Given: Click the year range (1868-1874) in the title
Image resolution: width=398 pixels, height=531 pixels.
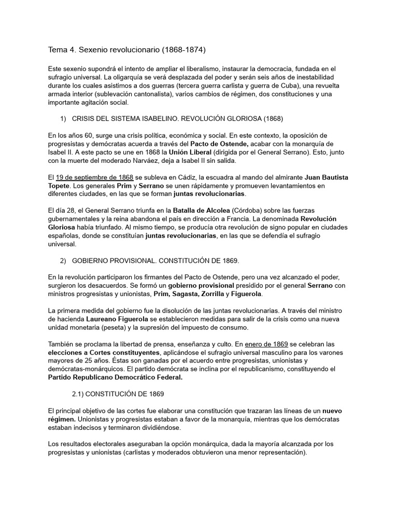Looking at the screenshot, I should pyautogui.click(x=177, y=50).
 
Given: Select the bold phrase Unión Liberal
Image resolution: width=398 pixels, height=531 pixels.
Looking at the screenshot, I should pyautogui.click(x=190, y=152).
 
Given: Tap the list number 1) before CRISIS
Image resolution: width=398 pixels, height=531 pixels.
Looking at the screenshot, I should pyautogui.click(x=64, y=119).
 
